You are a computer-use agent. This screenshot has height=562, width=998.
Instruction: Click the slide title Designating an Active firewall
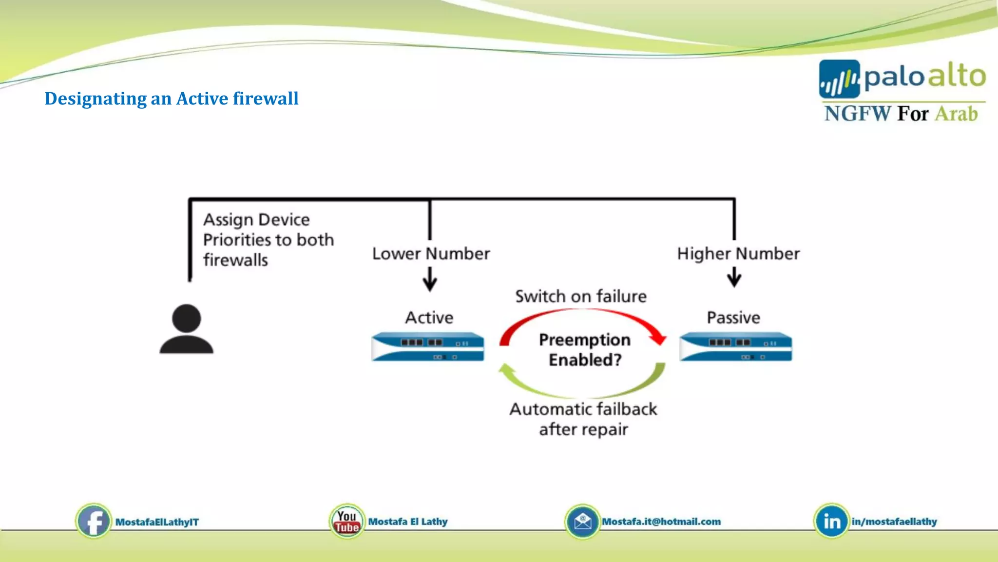tap(171, 99)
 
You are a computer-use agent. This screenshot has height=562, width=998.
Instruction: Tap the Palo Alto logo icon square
tap(839, 79)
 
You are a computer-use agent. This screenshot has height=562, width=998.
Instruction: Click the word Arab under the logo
tap(956, 114)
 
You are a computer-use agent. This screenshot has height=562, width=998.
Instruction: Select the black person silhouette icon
tap(186, 329)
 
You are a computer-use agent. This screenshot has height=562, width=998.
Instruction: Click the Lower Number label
tap(431, 254)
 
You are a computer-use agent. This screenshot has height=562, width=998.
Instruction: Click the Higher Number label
tap(738, 254)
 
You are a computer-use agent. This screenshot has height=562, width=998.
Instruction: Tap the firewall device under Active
tap(427, 346)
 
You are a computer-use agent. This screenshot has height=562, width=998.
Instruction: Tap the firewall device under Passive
tap(735, 346)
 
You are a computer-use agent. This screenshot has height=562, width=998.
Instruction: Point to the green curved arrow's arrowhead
tap(505, 370)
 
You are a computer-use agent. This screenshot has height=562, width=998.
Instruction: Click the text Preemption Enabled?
tap(585, 349)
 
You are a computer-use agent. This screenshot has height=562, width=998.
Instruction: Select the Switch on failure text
tap(581, 296)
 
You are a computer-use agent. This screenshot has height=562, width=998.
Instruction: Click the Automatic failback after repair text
tap(583, 419)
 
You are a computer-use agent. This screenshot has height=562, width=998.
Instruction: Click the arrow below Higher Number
tap(734, 278)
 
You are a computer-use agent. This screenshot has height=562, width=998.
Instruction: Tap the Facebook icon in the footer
tap(93, 521)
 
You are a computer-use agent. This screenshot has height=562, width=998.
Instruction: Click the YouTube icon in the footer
tap(346, 521)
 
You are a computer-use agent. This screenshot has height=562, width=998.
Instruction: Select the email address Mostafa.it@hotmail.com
tap(661, 522)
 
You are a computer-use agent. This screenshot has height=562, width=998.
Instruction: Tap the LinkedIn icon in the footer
tap(831, 521)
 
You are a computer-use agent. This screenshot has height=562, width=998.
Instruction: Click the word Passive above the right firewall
tap(733, 318)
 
